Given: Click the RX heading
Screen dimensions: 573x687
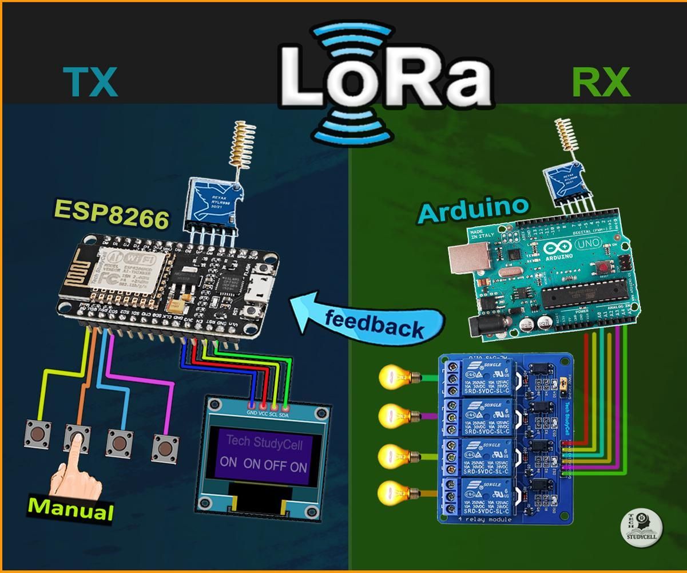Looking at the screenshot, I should click(x=600, y=82).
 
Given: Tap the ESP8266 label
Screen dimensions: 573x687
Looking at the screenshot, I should click(x=112, y=214).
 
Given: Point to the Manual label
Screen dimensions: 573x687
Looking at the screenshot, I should click(x=71, y=508).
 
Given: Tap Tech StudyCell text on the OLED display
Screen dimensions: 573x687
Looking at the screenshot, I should click(x=264, y=442).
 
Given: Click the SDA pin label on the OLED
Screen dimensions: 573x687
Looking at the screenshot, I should click(x=284, y=413).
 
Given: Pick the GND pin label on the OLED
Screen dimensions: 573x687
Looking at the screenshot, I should click(x=252, y=413).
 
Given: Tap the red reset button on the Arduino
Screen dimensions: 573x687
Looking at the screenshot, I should click(x=603, y=267).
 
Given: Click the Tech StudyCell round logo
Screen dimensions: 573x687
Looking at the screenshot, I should click(x=641, y=527).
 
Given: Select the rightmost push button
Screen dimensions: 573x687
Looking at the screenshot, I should click(x=165, y=446).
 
